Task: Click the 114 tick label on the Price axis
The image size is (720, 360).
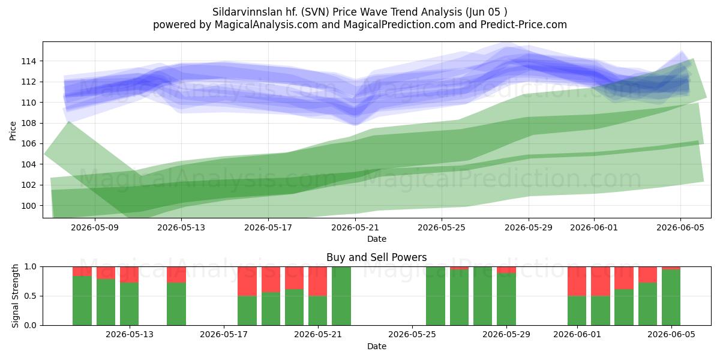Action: [29, 61]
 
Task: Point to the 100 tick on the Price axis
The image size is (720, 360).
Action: [29, 206]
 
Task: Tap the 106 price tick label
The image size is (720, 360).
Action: [29, 143]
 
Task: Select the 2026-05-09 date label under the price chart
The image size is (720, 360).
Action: [95, 227]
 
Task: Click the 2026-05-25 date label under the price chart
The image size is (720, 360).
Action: [442, 227]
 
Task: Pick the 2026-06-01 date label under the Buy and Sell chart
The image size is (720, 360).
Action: [577, 334]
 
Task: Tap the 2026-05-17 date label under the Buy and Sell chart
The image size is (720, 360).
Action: [224, 334]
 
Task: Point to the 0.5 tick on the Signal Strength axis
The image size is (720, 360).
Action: [31, 296]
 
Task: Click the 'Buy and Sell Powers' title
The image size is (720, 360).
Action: [377, 257]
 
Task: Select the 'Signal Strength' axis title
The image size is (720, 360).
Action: [15, 296]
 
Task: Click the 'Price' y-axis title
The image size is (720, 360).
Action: [13, 131]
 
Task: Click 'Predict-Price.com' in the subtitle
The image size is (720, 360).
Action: [524, 25]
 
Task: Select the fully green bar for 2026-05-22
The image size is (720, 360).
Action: [341, 296]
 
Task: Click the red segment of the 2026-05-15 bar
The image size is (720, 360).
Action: [176, 275]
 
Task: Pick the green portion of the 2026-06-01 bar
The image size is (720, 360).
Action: [577, 311]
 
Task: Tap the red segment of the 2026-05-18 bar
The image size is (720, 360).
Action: [247, 281]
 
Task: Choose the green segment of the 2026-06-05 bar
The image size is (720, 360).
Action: [671, 298]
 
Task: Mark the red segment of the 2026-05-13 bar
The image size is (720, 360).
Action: [129, 275]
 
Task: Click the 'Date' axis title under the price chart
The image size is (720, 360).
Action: [377, 239]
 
